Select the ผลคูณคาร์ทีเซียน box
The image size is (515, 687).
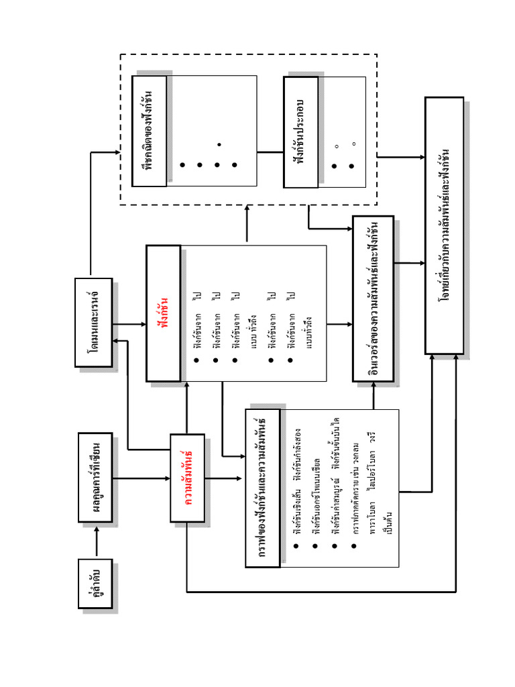coord(95,478)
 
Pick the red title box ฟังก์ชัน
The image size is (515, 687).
coord(163,313)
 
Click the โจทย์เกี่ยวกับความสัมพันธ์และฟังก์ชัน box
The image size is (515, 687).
coord(444,225)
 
